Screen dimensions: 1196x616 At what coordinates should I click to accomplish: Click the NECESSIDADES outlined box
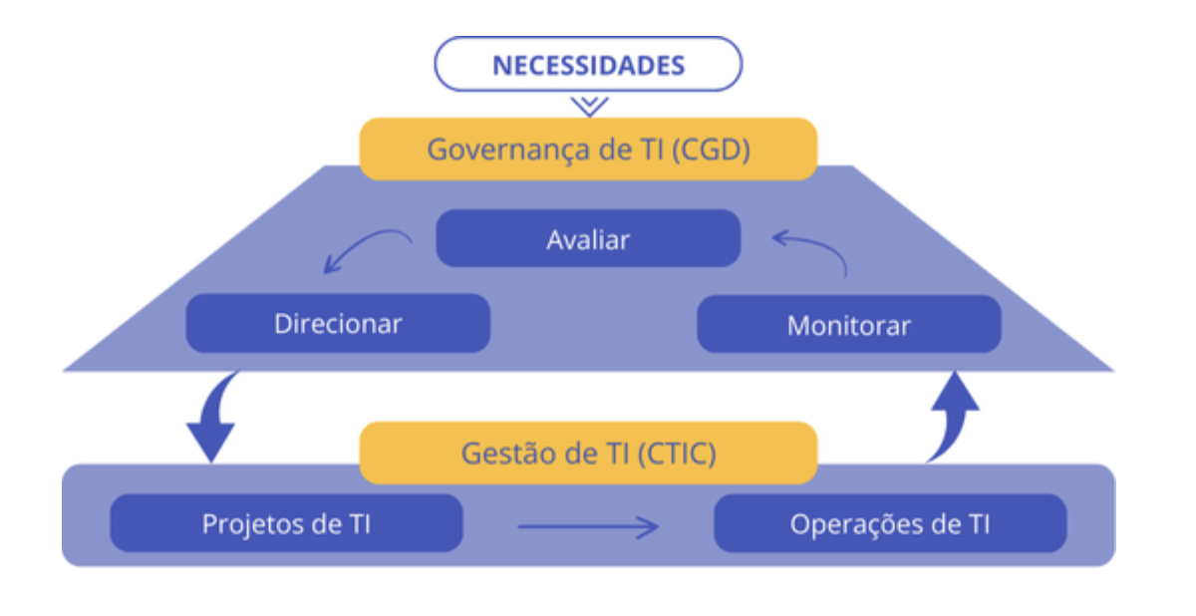click(588, 64)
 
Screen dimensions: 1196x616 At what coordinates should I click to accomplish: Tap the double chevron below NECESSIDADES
click(589, 106)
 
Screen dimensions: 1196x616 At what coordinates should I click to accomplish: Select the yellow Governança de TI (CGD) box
click(588, 149)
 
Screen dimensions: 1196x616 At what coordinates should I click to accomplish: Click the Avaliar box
click(588, 238)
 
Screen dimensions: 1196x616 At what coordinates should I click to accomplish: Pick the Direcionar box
click(338, 324)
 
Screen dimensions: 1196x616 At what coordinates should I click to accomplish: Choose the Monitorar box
click(848, 325)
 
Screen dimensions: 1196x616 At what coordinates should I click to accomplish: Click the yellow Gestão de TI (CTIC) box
click(588, 454)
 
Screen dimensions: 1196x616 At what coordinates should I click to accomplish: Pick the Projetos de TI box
click(286, 523)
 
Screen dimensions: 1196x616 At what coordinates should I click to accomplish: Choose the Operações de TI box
click(890, 523)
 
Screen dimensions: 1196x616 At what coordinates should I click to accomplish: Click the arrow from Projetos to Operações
click(588, 527)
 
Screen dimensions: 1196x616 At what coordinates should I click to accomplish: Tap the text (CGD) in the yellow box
click(711, 150)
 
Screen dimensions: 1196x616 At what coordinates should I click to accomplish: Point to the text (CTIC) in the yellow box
click(677, 454)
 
